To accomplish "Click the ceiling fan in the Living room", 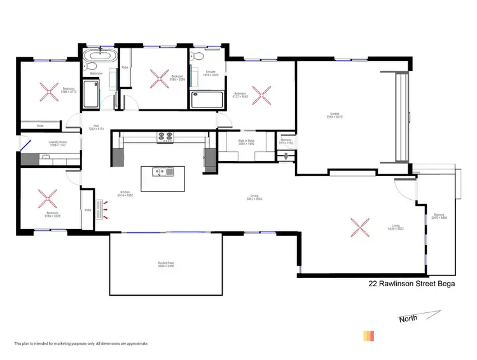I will tap(360, 226).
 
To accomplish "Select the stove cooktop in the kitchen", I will tap(165, 135).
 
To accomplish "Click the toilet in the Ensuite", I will tap(198, 55).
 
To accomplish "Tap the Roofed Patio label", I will tap(166, 265).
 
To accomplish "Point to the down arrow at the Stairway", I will tap(286, 153).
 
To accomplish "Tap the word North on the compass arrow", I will tap(408, 318).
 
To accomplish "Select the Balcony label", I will tap(439, 216).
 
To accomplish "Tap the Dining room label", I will tap(254, 197).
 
